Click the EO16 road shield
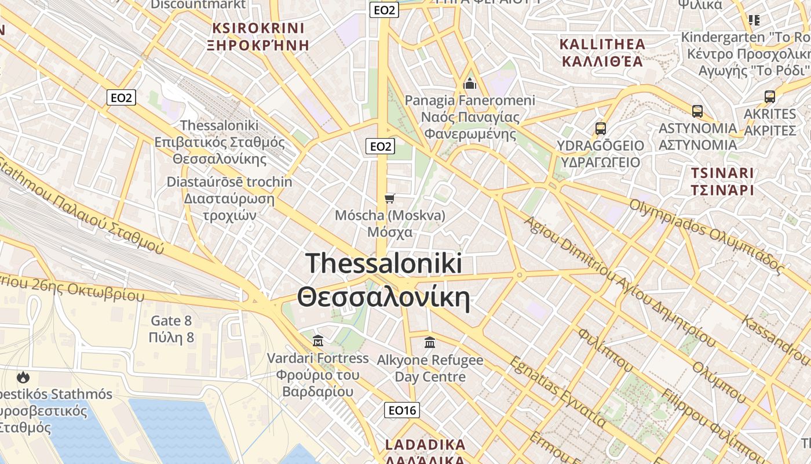point(401,411)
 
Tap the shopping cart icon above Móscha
point(390,199)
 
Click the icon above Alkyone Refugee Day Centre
point(430,343)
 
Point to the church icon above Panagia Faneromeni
point(470,84)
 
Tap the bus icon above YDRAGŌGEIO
point(601,129)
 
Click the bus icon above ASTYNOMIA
point(697,111)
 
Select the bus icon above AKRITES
point(770,97)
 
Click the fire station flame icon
point(23,378)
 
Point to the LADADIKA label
point(425,445)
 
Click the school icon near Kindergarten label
point(754,20)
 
